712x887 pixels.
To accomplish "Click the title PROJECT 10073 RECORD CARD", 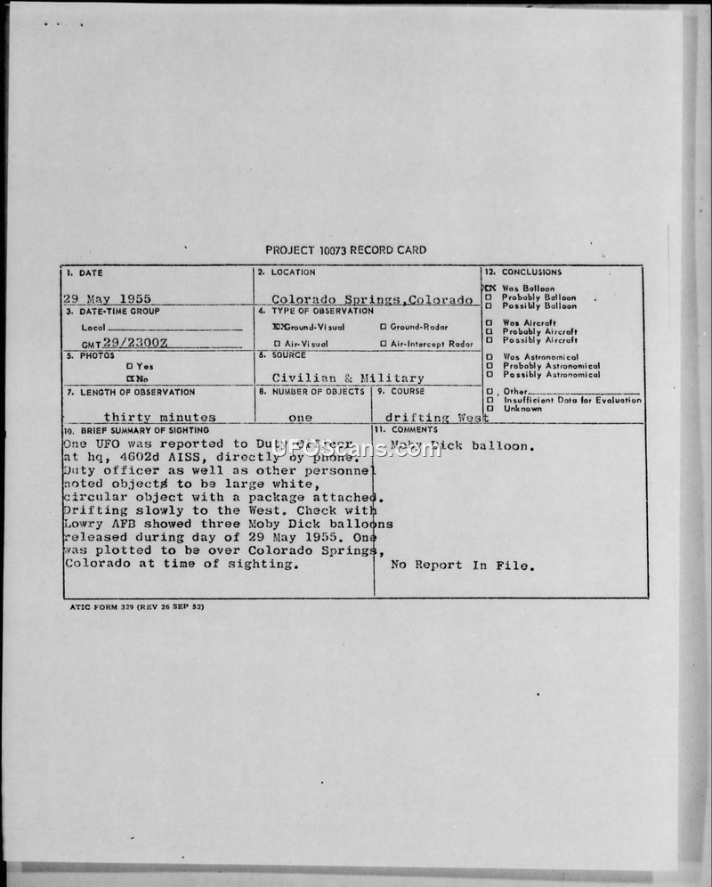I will coord(345,250).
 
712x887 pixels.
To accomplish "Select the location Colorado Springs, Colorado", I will coord(372,300).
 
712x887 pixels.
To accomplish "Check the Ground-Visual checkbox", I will coord(278,327).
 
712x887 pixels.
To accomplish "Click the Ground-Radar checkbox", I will coord(384,327).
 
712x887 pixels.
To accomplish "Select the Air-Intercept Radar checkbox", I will coord(384,344).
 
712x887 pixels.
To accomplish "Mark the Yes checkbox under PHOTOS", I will coord(130,365).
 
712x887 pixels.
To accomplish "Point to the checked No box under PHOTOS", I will coord(130,378).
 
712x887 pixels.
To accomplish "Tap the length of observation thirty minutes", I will coord(159,417).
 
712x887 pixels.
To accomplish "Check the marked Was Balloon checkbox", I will coord(489,289).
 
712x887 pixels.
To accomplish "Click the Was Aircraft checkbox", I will coord(489,322).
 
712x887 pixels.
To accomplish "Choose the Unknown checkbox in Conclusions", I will coord(489,409).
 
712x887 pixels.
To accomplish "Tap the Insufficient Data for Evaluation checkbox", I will coord(489,400).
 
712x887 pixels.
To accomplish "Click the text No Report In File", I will coord(463,565).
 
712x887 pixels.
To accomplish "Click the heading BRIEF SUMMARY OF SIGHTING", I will coord(142,430).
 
